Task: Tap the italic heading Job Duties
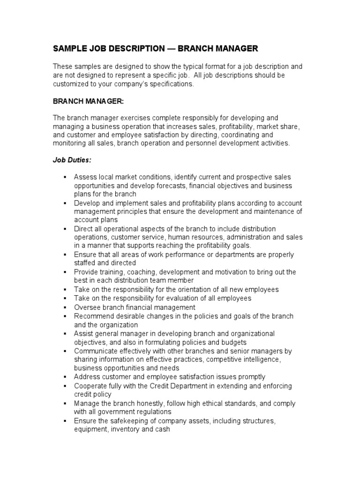pyautogui.click(x=71, y=160)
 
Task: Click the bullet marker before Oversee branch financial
pyautogui.click(x=64, y=307)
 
